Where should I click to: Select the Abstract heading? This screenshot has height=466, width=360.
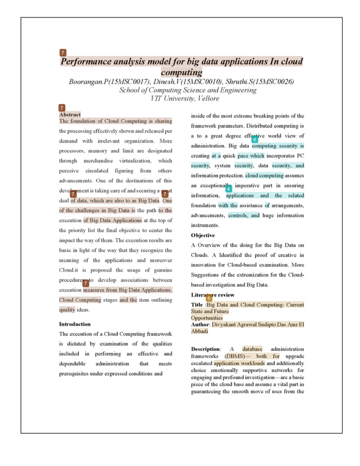point(70,115)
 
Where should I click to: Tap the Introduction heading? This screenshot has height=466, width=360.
point(74,324)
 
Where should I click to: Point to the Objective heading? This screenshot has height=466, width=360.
point(203,235)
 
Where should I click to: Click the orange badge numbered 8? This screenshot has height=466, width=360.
point(209,297)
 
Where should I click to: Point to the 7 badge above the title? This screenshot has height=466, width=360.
point(63,52)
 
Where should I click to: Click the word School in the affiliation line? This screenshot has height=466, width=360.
point(132,90)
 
